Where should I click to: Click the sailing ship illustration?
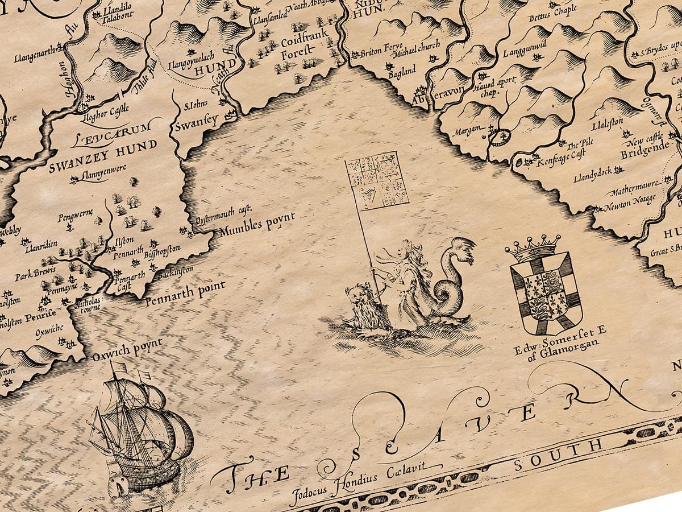(x=139, y=430)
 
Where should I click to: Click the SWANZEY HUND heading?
(x=103, y=155)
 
